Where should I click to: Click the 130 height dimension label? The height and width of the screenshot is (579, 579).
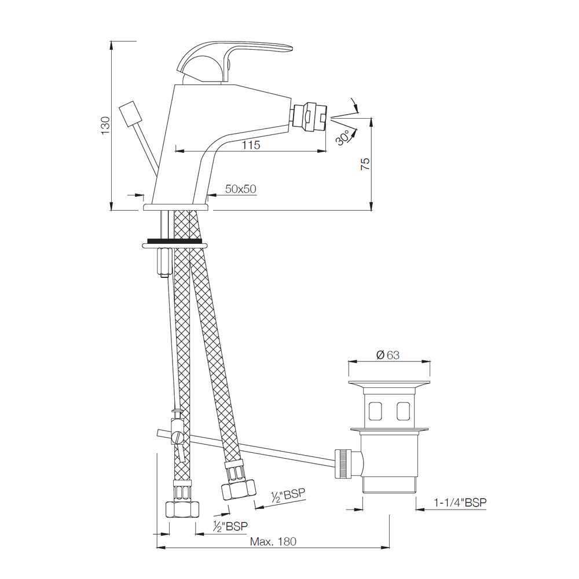(105, 126)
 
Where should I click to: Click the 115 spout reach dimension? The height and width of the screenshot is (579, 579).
(251, 145)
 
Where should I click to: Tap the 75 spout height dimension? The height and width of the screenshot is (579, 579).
(365, 163)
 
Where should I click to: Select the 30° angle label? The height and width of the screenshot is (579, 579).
(343, 138)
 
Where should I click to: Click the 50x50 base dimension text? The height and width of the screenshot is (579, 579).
(241, 189)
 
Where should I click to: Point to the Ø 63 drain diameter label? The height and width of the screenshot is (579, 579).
(388, 356)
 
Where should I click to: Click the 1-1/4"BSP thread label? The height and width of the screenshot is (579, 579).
(460, 503)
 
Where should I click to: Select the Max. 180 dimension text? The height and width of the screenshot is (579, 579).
(273, 542)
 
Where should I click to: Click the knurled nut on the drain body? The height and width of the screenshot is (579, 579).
(344, 463)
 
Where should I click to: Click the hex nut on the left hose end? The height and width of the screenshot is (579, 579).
(182, 509)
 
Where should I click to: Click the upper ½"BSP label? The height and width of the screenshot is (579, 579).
(288, 495)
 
